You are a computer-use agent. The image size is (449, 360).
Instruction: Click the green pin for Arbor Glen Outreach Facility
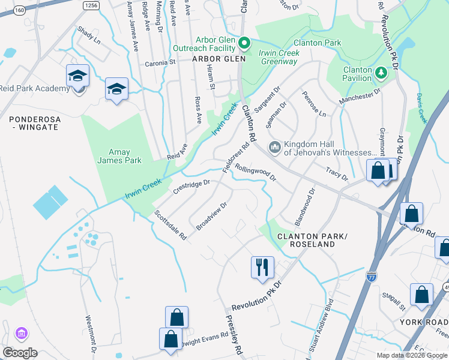[244, 43]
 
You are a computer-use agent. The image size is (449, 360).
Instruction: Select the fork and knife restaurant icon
[262, 266]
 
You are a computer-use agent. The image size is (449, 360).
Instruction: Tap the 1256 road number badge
[91, 5]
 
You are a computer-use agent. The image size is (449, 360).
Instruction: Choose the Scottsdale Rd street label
[171, 225]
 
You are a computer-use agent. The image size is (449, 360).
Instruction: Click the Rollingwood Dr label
[255, 173]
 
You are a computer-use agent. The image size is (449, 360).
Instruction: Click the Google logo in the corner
[20, 352]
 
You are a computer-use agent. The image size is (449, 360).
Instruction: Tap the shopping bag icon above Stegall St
[421, 294]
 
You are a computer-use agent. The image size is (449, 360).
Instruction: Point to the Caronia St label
[158, 62]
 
